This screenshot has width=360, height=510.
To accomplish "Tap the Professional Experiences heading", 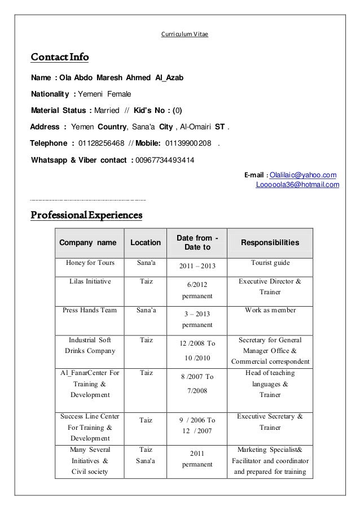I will [86, 215].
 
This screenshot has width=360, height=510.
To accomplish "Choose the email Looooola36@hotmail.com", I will [297, 184].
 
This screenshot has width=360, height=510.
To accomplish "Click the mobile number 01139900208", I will [188, 142].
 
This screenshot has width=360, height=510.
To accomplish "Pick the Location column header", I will [146, 243].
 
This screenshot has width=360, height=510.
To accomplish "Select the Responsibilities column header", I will [270, 243].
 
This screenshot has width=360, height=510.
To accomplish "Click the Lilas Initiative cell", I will [90, 281].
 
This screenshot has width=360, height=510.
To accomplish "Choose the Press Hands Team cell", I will [90, 310].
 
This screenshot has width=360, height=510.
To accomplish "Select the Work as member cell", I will [270, 310].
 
